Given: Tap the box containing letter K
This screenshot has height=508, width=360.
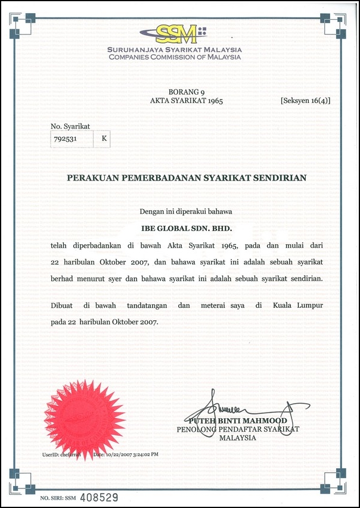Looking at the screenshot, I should point(104,139).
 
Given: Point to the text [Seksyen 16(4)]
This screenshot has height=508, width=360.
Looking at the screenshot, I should point(305,101).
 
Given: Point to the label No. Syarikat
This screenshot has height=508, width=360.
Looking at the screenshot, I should point(70,126).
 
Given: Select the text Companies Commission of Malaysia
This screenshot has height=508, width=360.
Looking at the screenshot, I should point(175,57).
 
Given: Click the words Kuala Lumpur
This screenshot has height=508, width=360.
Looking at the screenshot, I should point(298,306).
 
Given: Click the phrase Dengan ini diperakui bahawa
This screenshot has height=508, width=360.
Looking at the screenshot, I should point(185,211).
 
